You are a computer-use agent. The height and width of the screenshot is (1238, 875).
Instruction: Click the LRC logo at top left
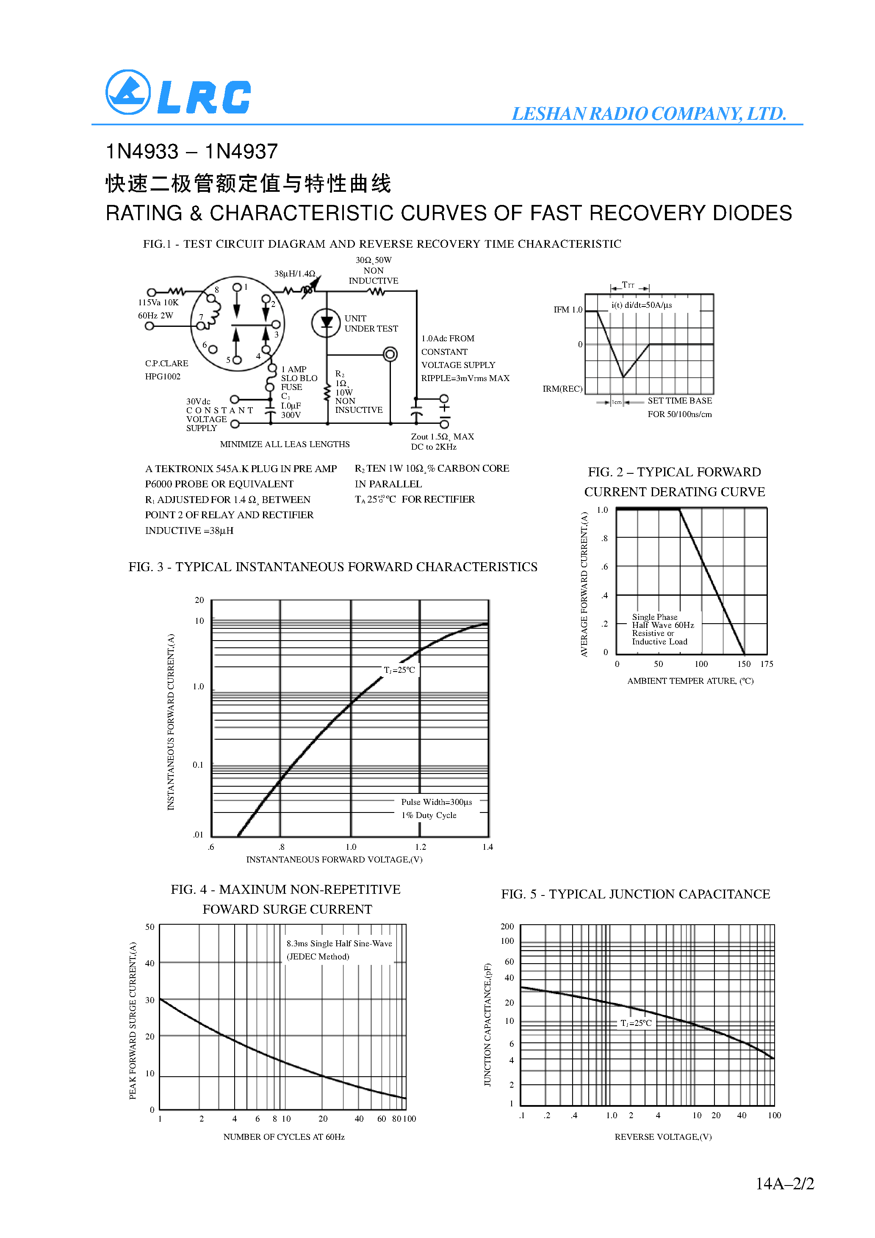pos(178,93)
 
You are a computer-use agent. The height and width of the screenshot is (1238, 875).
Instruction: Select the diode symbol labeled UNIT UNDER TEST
pos(327,323)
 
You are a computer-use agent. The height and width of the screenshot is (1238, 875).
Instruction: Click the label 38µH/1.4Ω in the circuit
pos(294,274)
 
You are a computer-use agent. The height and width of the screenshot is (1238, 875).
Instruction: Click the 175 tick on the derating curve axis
pos(766,664)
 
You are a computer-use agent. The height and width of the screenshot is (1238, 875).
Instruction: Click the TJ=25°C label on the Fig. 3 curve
pos(399,670)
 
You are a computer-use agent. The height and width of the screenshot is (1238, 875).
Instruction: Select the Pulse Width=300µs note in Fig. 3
pos(436,802)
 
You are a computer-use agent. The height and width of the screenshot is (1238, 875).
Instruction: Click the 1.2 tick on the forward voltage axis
pos(420,846)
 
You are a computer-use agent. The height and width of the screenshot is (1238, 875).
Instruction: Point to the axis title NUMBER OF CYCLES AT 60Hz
pos(284,1137)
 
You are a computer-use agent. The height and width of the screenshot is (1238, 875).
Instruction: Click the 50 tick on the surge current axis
pos(150,927)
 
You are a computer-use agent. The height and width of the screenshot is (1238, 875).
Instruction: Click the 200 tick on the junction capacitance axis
pos(507,926)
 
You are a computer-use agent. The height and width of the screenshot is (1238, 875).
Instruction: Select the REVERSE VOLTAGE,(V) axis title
pos(662,1137)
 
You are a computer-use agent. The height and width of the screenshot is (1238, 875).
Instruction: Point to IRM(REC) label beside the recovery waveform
pos(562,389)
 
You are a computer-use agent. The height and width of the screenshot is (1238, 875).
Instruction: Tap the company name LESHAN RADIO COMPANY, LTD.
pos(648,114)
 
